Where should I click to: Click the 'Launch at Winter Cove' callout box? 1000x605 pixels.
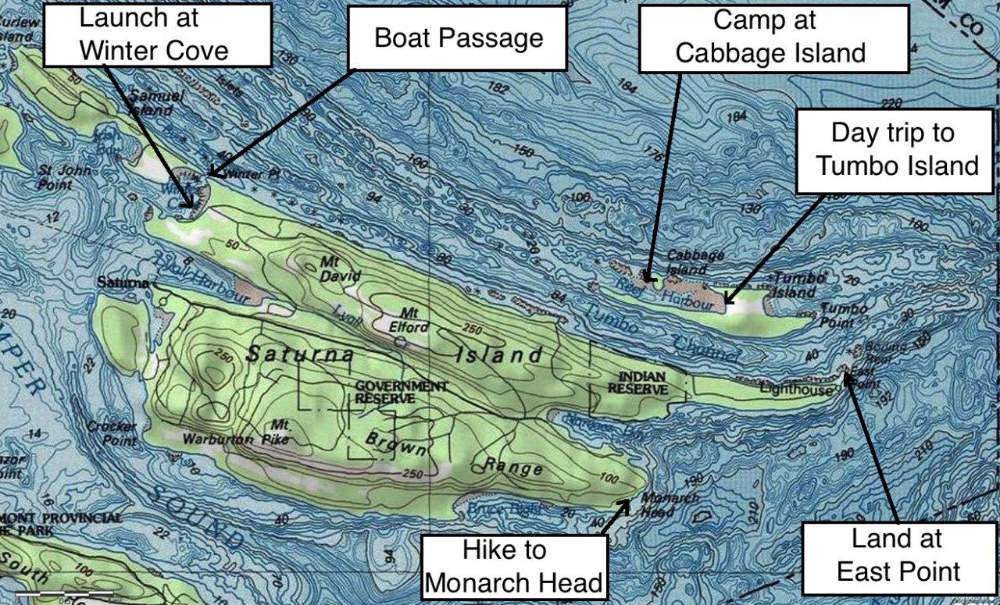pos(157,34)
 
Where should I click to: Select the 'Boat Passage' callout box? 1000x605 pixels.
pos(458,38)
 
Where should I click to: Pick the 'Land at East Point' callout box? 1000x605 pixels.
pos(898,555)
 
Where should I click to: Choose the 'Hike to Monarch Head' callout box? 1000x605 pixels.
pos(515,566)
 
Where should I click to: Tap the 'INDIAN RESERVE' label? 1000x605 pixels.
pos(638,383)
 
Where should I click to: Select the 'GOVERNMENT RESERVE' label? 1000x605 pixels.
pos(402,392)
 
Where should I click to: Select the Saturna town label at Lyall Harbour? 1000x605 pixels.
pos(123,282)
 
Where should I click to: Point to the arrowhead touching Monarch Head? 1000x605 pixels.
pos(624,503)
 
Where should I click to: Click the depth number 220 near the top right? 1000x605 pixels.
pos(891,103)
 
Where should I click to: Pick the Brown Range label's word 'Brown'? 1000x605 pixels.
pos(398,445)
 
